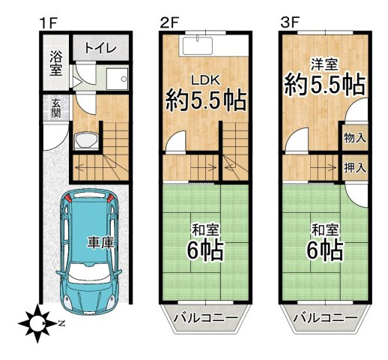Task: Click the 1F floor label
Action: click(x=47, y=22)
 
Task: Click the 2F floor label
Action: click(x=169, y=22)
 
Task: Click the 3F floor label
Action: click(x=290, y=22)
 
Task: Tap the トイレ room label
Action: click(x=100, y=48)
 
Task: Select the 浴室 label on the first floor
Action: click(x=56, y=62)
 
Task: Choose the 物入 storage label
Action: click(x=354, y=137)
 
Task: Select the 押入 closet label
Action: click(x=354, y=167)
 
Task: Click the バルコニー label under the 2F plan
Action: click(x=205, y=319)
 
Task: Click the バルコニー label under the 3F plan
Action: click(x=325, y=319)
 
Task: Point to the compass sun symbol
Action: click(x=34, y=324)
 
